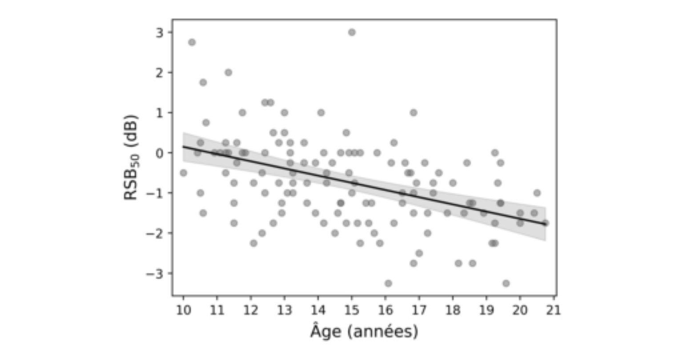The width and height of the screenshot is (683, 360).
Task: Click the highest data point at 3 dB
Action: coord(352,32)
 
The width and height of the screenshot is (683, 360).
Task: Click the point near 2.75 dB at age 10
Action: coord(192,42)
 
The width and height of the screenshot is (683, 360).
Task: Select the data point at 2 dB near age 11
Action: coord(229,72)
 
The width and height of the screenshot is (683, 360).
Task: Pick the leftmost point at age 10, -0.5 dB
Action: coord(183,173)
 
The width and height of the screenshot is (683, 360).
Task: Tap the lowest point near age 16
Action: coord(388,283)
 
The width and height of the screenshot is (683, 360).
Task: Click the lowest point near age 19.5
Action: coord(506,283)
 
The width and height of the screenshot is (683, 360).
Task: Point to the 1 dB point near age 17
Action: coord(414,113)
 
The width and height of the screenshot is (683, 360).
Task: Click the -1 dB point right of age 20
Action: coord(537,193)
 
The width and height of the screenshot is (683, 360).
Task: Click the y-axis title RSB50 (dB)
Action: coord(131,157)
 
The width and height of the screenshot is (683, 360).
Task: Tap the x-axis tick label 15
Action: coord(352,310)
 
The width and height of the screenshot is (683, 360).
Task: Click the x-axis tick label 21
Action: coord(554,310)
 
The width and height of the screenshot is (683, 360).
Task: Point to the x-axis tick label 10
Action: coord(183,310)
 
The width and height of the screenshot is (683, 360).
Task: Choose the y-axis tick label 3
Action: coord(160,32)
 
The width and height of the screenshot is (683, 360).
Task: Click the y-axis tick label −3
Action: coord(155,273)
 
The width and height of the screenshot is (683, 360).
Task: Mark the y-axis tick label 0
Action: coord(160,153)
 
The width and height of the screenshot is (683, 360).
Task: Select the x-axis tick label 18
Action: coord(453,310)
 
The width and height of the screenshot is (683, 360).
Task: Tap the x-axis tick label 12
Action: coord(251,310)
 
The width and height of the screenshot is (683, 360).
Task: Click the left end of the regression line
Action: coord(183,147)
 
